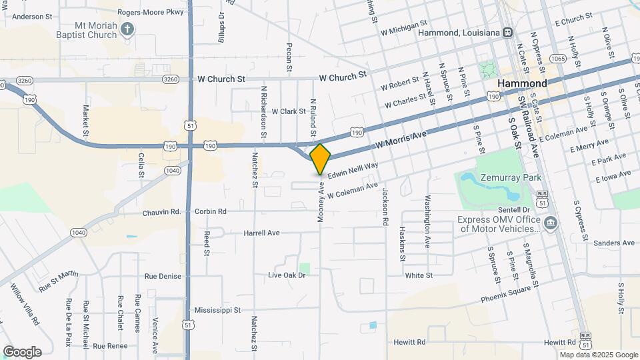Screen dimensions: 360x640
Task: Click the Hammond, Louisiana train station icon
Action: click(508, 32)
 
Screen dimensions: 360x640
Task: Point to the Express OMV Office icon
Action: click(550, 222)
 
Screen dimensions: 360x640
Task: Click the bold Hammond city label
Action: click(522, 83)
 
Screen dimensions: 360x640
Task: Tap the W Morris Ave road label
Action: click(401, 139)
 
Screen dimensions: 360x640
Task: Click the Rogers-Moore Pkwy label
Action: click(150, 12)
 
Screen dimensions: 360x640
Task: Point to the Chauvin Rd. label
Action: click(161, 212)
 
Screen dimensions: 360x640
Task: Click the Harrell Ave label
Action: click(262, 233)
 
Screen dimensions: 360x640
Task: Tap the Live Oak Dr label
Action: click(287, 275)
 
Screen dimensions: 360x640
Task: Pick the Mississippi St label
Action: click(217, 310)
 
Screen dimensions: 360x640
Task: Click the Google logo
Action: click(22, 351)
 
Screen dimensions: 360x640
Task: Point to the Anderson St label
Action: click(32, 17)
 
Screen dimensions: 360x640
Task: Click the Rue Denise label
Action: click(163, 276)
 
